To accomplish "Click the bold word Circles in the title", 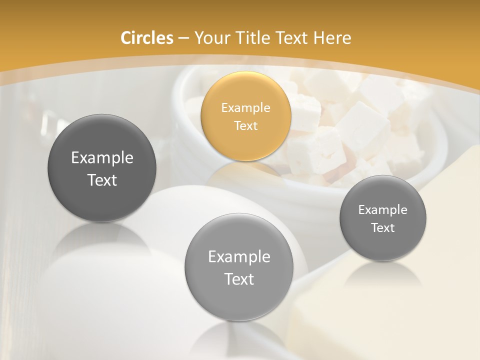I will tap(147, 38).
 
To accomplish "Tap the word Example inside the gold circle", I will tap(245, 107).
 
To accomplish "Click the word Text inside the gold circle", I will tap(245, 125).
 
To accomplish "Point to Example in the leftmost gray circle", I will tap(102, 158).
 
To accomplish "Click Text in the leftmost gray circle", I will tap(102, 180).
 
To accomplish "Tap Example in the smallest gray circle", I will tap(382, 209).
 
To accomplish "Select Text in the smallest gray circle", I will tap(382, 228).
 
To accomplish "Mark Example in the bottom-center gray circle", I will tap(239, 256).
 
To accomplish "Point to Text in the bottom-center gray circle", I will tap(239, 279).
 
